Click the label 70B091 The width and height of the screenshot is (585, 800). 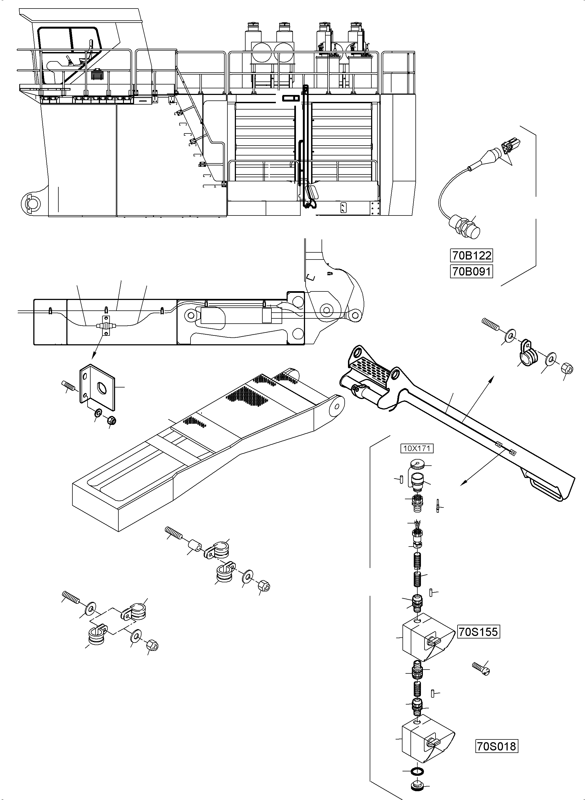click(471, 272)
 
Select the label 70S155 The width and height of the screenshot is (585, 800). click(478, 632)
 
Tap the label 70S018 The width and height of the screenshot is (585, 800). click(496, 747)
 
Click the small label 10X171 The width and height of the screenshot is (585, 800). click(417, 449)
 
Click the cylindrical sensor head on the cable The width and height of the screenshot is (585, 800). click(468, 228)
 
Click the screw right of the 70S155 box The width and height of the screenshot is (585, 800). click(481, 669)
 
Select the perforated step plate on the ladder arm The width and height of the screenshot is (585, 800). click(372, 368)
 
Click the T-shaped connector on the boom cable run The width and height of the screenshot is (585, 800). click(105, 325)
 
